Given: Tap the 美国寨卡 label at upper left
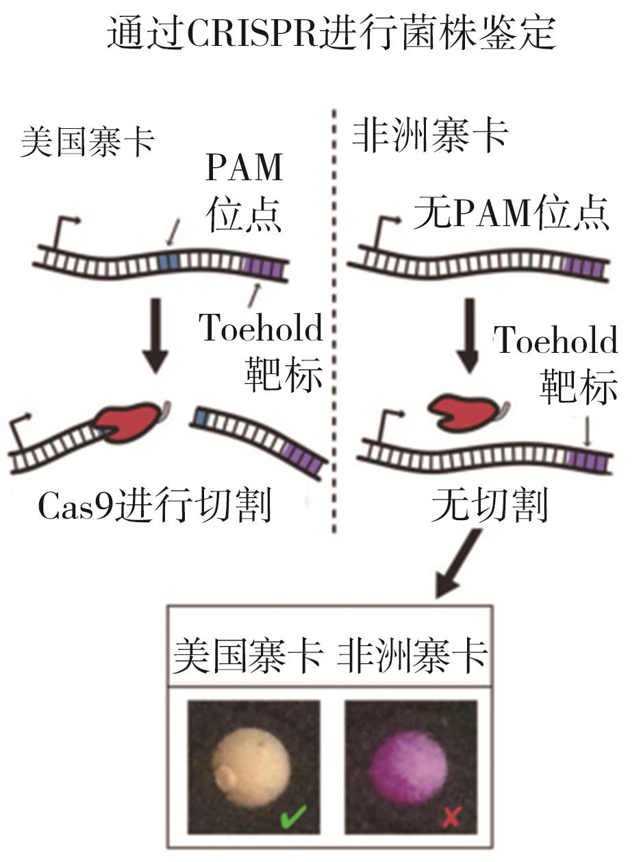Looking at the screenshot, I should (88, 143).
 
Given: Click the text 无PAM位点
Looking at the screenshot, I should (511, 216).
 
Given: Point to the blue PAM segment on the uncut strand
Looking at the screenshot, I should (168, 261).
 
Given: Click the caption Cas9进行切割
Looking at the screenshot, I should (154, 508).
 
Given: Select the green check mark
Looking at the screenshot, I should (293, 815).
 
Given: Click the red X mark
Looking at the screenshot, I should (449, 817).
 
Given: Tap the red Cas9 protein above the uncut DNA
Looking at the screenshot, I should (465, 410).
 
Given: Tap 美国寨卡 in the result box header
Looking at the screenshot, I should (248, 656).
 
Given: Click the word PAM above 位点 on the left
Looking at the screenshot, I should (244, 169).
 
